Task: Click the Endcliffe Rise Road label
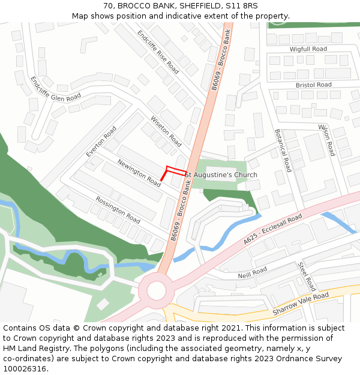158,52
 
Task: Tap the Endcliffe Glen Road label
55,89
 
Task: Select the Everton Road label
101,142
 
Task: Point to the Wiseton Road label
166,131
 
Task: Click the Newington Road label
139,173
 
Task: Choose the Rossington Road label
118,210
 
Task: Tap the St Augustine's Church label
221,175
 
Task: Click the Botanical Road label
283,151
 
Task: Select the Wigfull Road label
308,49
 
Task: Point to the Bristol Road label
313,85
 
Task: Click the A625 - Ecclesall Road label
273,230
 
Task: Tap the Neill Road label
252,273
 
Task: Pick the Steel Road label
306,277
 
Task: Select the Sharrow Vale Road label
301,304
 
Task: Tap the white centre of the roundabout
156,291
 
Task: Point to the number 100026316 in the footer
25,369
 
